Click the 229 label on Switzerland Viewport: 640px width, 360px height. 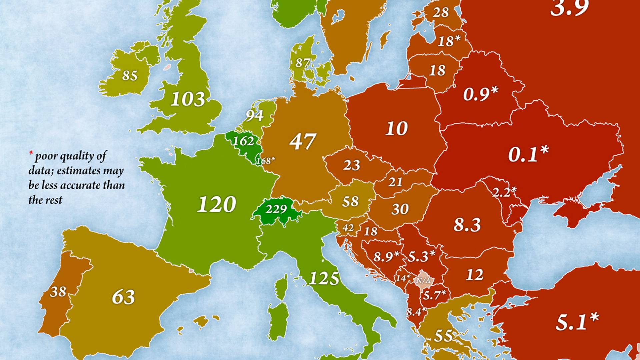coord(276,209)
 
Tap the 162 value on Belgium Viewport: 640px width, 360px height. coord(243,141)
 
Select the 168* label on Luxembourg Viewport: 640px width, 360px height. coord(265,161)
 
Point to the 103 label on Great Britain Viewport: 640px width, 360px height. coord(188,99)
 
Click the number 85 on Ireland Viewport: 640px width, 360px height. coord(130,76)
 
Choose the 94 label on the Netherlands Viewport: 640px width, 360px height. coord(255,116)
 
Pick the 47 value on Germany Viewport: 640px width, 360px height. coord(302,141)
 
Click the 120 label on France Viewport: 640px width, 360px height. coord(217,204)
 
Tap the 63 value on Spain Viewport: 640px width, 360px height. coord(123,297)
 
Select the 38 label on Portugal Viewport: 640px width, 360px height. coord(58,292)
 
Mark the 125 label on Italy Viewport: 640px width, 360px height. coord(324,278)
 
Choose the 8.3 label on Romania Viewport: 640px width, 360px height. coord(467,225)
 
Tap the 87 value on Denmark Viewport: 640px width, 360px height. coord(303,63)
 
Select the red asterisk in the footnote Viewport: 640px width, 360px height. coord(31,154)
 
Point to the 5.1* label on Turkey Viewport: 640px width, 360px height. coord(577,322)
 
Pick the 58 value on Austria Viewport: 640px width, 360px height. coord(350,201)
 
